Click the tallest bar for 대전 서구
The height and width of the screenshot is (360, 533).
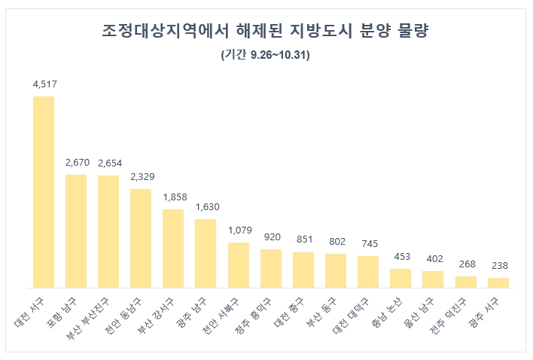tap(44, 192)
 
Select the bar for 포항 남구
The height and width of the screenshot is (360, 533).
tap(76, 231)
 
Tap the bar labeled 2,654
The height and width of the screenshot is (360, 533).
tap(108, 232)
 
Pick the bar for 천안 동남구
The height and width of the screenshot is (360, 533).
tap(141, 239)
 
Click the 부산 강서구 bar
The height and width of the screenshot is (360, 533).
tap(173, 249)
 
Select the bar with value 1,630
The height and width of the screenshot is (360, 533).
tap(206, 254)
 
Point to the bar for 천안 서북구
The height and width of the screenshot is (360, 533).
tap(239, 265)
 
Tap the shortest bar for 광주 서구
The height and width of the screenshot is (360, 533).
tap(498, 282)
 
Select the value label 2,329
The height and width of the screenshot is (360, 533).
tap(141, 177)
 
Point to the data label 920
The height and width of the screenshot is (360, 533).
tap(271, 237)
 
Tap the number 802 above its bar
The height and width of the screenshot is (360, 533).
tap(336, 242)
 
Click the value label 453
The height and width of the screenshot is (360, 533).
tap(401, 257)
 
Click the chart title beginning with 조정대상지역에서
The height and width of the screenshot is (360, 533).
tap(266, 32)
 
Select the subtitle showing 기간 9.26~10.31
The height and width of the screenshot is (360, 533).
tap(266, 56)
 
